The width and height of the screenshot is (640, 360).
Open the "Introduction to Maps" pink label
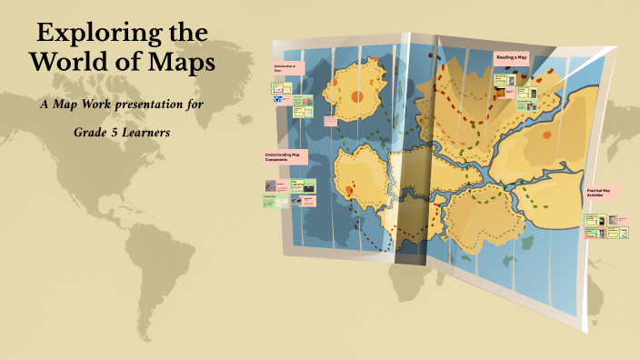(286, 68)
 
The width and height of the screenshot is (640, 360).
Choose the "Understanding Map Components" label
(285, 156)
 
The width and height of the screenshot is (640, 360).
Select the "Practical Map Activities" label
(600, 192)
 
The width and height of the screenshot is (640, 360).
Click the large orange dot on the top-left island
(357, 96)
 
